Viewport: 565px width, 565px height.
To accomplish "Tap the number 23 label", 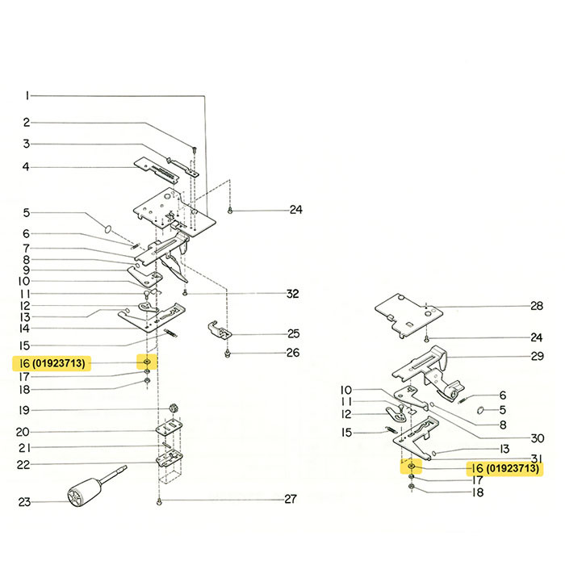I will [24, 502].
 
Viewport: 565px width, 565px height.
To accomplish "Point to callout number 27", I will [291, 500].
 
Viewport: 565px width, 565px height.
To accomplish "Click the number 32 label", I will [292, 292].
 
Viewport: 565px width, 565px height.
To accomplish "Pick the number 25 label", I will [292, 333].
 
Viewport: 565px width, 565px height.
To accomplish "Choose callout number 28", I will [537, 306].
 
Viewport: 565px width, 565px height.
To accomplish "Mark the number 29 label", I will [537, 356].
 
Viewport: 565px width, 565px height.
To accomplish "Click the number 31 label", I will [537, 458].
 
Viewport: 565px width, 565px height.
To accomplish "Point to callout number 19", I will [25, 410].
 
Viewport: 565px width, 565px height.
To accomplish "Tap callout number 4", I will [26, 166].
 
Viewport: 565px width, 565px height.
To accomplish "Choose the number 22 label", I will [24, 464].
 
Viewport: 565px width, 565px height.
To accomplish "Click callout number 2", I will [26, 123].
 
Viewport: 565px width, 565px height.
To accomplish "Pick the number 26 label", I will [292, 353].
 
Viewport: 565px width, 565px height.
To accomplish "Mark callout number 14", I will [25, 329].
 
